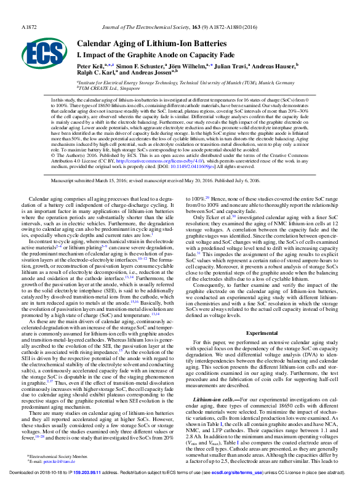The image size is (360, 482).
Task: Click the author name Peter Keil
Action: (89, 65)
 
